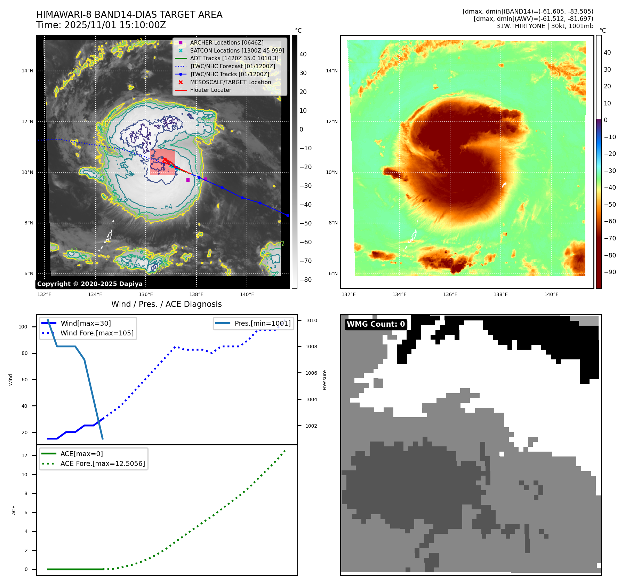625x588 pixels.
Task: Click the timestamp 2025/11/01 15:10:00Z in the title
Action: tap(115, 25)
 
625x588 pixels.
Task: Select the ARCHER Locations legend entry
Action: tap(226, 42)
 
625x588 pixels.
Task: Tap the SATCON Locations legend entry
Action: tap(237, 50)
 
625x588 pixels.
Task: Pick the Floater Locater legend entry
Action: tap(210, 90)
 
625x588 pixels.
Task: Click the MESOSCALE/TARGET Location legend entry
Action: tap(230, 82)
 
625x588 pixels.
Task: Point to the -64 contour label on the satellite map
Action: tap(167, 207)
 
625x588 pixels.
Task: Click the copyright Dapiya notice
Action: tap(90, 284)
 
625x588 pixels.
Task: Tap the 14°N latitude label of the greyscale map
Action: tap(27, 71)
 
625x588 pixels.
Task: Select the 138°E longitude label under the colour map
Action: tap(500, 294)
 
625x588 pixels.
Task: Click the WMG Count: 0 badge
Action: tap(376, 324)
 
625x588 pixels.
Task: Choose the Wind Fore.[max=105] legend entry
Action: tap(97, 333)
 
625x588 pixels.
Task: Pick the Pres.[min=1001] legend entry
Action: tap(262, 323)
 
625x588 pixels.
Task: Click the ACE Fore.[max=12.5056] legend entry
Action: tap(103, 463)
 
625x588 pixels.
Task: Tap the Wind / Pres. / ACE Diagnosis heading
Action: tap(166, 304)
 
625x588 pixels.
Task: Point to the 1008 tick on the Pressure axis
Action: tap(311, 347)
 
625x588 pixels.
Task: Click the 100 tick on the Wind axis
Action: tap(23, 327)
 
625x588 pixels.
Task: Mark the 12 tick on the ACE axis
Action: tap(24, 455)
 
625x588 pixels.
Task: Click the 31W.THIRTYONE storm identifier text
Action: tap(520, 26)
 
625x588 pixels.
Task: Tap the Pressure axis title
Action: tap(324, 380)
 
